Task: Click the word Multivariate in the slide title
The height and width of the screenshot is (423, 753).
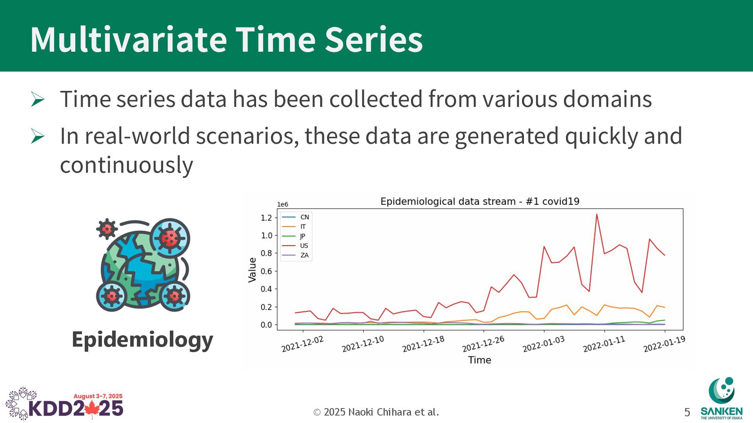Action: [x=129, y=39]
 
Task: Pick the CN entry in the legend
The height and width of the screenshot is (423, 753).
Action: [x=296, y=217]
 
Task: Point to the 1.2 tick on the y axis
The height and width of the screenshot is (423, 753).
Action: [x=266, y=218]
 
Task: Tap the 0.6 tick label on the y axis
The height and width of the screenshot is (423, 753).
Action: [x=266, y=271]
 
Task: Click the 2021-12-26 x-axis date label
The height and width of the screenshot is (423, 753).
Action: [x=483, y=344]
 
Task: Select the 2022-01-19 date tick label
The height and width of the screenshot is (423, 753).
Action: [x=664, y=344]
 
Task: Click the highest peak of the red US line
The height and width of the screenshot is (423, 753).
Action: [x=597, y=214]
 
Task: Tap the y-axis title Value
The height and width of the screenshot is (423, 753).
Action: [x=252, y=270]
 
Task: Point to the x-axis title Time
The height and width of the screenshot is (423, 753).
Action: [x=479, y=360]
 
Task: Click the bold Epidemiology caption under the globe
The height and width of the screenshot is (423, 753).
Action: [x=142, y=340]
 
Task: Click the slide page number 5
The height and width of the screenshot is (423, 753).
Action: [x=687, y=412]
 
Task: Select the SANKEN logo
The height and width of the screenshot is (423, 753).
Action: [x=721, y=398]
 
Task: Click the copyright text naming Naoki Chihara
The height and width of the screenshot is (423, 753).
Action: [x=376, y=412]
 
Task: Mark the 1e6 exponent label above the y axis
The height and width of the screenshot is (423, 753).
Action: [x=282, y=204]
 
